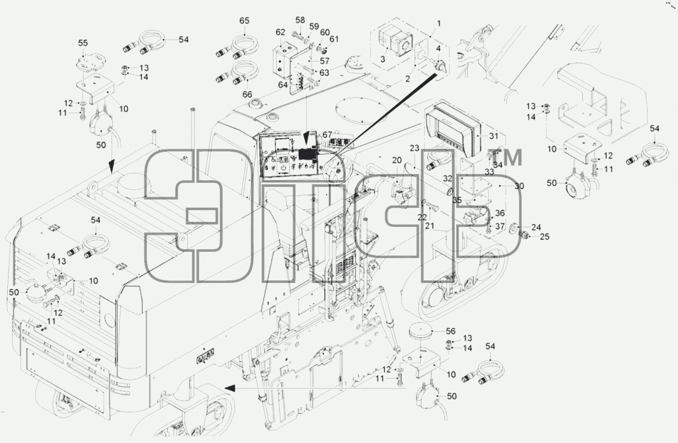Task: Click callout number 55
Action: [83, 43]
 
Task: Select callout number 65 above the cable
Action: [244, 21]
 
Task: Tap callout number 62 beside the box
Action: [280, 32]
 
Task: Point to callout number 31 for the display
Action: [494, 136]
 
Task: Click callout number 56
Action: [450, 331]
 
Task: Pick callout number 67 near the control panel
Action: [327, 135]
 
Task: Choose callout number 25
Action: [545, 237]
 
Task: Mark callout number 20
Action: [397, 161]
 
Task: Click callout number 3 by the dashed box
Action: [383, 59]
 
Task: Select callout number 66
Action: [247, 94]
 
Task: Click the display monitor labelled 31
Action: [453, 132]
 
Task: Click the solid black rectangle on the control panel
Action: [307, 155]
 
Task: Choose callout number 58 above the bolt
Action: [300, 20]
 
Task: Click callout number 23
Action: [414, 148]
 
